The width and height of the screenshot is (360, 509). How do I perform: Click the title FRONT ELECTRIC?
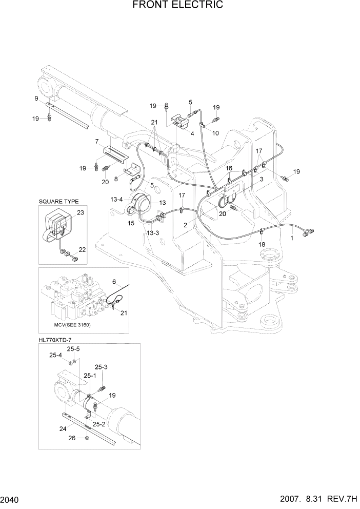[178, 5]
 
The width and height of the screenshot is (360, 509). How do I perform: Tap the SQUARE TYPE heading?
[58, 202]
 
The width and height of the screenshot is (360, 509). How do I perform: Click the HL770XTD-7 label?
[56, 339]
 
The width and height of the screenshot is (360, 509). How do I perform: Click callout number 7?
[96, 141]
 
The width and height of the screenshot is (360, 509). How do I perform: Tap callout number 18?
[262, 245]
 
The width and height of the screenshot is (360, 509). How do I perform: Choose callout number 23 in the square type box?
[80, 212]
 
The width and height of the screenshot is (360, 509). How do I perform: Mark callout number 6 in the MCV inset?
[114, 281]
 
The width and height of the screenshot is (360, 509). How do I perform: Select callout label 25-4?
[55, 355]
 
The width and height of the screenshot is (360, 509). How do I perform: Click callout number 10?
[215, 133]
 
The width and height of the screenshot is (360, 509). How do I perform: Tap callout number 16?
[229, 168]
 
